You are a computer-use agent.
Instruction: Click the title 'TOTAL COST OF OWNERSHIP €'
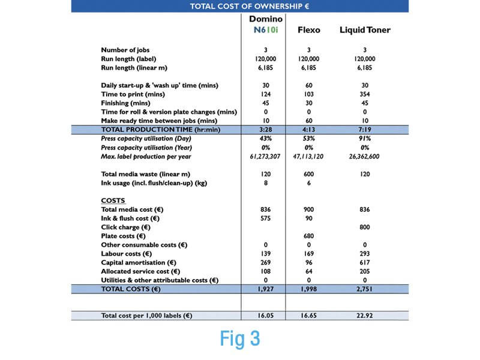[240, 6]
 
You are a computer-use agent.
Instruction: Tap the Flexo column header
[308, 30]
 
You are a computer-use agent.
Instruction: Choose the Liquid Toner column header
[365, 30]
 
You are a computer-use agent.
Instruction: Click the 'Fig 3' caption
[240, 338]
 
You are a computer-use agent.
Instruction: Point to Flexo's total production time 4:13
[308, 129]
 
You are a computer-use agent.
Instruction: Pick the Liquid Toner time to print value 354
[365, 94]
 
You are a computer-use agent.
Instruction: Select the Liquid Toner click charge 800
[365, 227]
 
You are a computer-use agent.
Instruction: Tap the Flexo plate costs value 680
[308, 236]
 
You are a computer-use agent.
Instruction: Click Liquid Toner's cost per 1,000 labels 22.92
[365, 315]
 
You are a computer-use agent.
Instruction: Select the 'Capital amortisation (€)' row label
[138, 263]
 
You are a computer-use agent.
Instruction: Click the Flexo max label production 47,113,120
[308, 156]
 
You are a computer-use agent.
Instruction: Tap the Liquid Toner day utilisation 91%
[365, 138]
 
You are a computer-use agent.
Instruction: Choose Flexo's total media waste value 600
[308, 174]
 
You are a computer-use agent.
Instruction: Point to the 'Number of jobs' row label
[125, 50]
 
